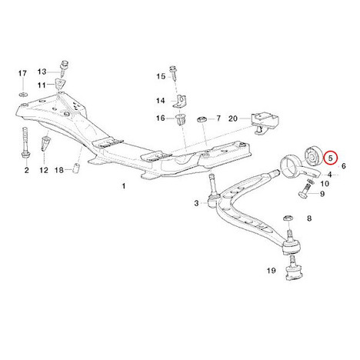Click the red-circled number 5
(x=331, y=158)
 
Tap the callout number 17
(x=22, y=73)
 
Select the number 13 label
(x=42, y=72)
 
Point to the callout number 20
(x=233, y=118)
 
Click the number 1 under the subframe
(x=124, y=186)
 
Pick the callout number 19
(x=272, y=270)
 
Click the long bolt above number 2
(x=25, y=143)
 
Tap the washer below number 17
(x=23, y=94)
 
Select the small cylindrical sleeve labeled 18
(x=77, y=168)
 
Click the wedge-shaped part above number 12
(x=45, y=145)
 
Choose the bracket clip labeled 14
(x=181, y=102)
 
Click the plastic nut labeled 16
(x=181, y=120)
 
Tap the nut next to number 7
(x=202, y=119)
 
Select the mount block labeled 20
(x=265, y=122)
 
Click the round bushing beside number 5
(x=312, y=156)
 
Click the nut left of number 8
(x=288, y=218)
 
